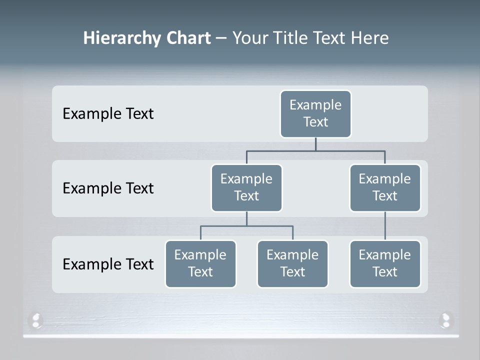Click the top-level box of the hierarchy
coord(315,113)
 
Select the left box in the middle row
coord(246,187)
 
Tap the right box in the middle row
coord(385,187)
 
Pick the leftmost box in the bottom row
coord(200,263)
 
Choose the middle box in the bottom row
coord(292,263)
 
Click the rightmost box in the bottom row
coord(385,263)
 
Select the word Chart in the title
coord(188,38)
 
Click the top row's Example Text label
coord(108,113)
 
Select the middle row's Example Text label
coord(108,188)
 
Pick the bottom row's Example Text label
coord(108,263)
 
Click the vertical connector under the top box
coord(315,144)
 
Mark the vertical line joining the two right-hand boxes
coord(385,226)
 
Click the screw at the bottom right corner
coord(445,319)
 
